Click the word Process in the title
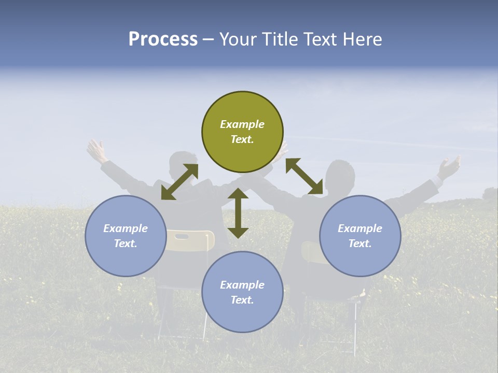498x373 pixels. coord(163,39)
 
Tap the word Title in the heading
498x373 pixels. coord(280,39)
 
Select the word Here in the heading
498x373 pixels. coord(363,39)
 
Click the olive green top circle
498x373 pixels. coord(242,132)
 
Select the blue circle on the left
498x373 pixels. coord(126,236)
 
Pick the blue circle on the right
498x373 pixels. coord(360,236)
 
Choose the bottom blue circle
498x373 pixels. coord(242,292)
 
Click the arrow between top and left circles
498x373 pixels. coord(179,182)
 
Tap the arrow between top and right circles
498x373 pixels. coord(305,176)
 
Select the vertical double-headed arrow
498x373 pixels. coord(238,213)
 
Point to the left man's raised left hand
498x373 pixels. coord(96,150)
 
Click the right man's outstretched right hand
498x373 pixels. coord(449,167)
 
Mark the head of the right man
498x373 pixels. coord(341,174)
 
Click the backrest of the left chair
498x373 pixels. coord(190,240)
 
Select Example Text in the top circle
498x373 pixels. coord(242,132)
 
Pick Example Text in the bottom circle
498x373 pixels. coord(242,292)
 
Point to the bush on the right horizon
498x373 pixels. coord(489,194)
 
